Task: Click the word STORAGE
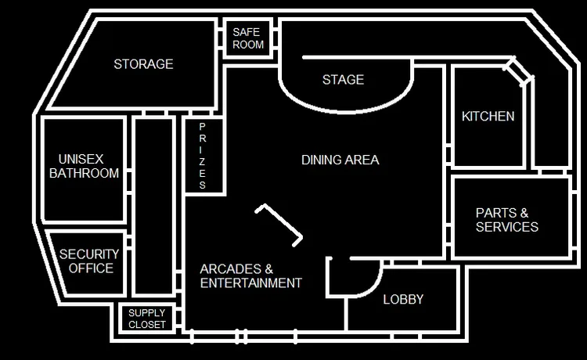(143, 64)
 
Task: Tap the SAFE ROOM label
(248, 38)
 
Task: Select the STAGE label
(344, 80)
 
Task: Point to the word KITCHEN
(488, 117)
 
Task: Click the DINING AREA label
(340, 160)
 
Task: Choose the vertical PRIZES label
(202, 156)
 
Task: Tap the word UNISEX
(81, 159)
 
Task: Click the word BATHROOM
(85, 173)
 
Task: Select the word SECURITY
(89, 254)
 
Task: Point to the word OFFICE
(91, 268)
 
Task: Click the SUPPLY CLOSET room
(147, 319)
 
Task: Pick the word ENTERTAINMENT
(251, 283)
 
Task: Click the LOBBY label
(403, 300)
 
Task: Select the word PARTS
(496, 213)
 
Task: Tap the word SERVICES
(507, 227)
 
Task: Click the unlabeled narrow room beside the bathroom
(154, 206)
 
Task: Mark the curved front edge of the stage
(344, 111)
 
